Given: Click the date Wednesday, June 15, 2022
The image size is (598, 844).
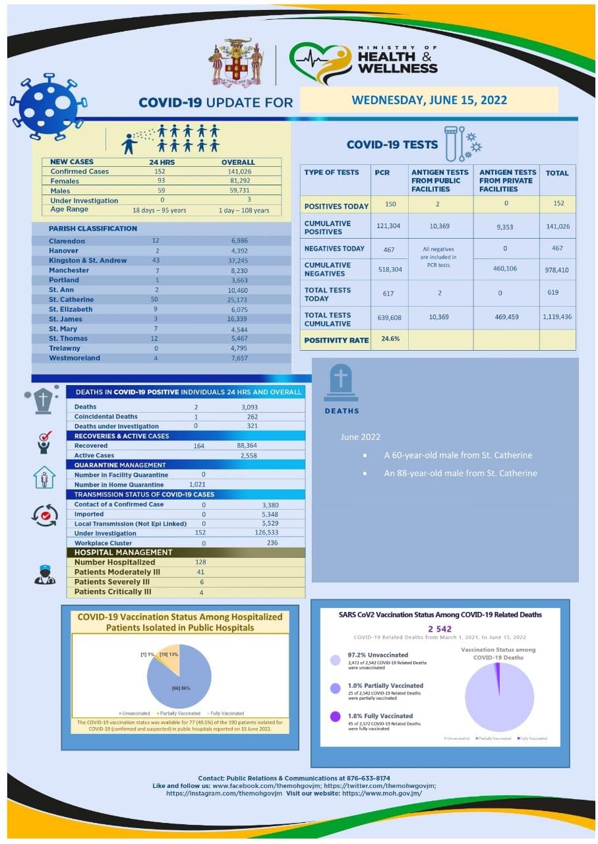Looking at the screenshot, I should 429,100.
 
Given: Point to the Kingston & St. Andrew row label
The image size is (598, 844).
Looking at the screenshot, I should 88,260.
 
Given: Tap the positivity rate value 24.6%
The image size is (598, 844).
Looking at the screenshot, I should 390,339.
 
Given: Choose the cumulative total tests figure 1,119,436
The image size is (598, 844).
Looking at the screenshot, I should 557,317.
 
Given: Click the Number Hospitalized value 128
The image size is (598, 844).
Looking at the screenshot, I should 201,562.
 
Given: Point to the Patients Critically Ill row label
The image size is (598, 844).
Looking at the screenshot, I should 113,591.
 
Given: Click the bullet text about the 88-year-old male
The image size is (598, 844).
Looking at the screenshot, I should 460,473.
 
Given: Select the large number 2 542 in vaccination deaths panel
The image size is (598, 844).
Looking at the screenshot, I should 440,628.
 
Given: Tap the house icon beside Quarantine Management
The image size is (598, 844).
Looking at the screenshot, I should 44,477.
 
